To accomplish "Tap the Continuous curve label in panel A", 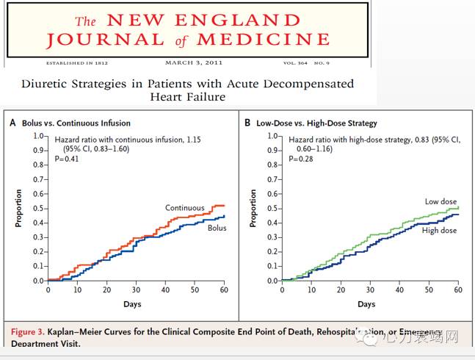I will click(x=184, y=209).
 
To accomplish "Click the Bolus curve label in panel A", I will click(x=217, y=228).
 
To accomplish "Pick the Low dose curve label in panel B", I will click(x=440, y=201).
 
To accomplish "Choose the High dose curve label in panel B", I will click(x=439, y=231).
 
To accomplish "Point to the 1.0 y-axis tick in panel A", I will click(x=36, y=137).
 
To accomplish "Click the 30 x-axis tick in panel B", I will click(x=370, y=290).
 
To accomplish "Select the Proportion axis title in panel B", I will click(x=254, y=209).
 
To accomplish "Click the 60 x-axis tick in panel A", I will click(x=223, y=290).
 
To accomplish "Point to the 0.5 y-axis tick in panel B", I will click(x=271, y=209).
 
